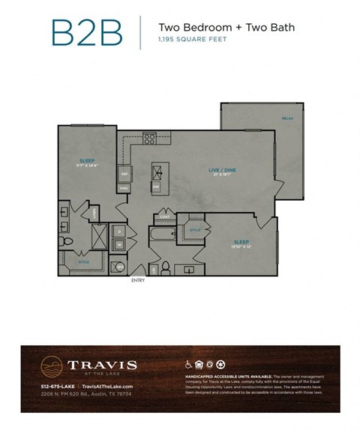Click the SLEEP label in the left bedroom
[86, 161]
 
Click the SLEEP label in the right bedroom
[241, 242]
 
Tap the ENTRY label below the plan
[137, 280]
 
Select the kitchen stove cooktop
[149, 138]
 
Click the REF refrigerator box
[124, 175]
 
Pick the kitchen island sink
[157, 172]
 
